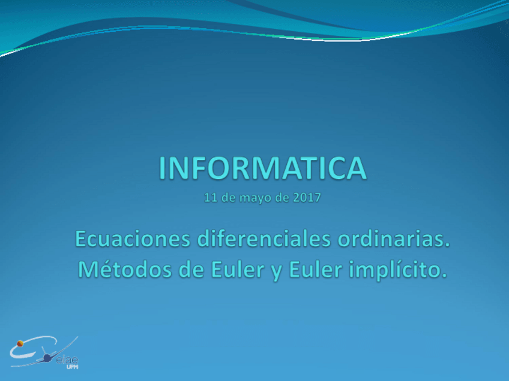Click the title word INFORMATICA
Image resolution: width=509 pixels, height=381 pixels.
click(x=263, y=168)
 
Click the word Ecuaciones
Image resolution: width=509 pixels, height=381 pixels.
click(x=133, y=239)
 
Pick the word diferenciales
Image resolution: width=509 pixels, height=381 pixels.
click(x=264, y=239)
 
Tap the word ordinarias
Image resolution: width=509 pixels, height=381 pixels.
click(x=391, y=239)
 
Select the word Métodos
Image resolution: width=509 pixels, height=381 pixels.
click(x=125, y=269)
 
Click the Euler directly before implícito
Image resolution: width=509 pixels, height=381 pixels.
click(x=316, y=269)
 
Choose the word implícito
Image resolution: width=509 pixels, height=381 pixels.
click(x=394, y=270)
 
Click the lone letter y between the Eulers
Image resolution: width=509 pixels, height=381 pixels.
click(x=277, y=273)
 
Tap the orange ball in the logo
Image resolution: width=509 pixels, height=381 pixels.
click(x=20, y=343)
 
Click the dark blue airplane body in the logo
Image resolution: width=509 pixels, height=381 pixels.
click(x=47, y=358)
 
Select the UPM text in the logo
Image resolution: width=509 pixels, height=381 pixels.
click(x=72, y=367)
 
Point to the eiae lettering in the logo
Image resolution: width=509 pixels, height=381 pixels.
click(x=67, y=360)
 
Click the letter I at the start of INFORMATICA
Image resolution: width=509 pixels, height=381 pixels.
click(x=161, y=168)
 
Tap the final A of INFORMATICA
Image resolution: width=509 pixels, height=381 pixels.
click(x=356, y=168)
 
